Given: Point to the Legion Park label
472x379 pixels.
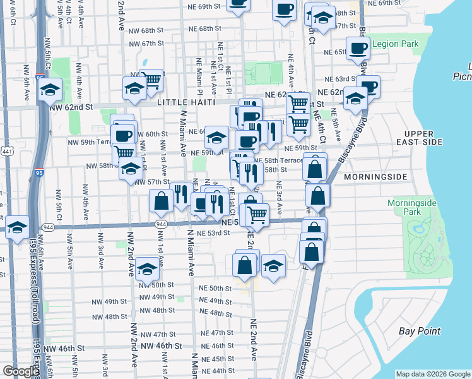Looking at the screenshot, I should (396, 45).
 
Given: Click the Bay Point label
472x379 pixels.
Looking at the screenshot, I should (420, 331).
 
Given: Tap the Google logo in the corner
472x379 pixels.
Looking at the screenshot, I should (20, 371).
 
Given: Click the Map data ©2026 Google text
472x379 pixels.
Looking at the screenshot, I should (433, 374).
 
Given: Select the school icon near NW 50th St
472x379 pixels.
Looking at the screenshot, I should (147, 268).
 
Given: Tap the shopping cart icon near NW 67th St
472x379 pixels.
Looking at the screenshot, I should (151, 80).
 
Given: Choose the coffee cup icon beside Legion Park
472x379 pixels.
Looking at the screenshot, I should (358, 47).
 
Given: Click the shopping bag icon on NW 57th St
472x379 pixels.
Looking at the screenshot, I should (162, 200).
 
